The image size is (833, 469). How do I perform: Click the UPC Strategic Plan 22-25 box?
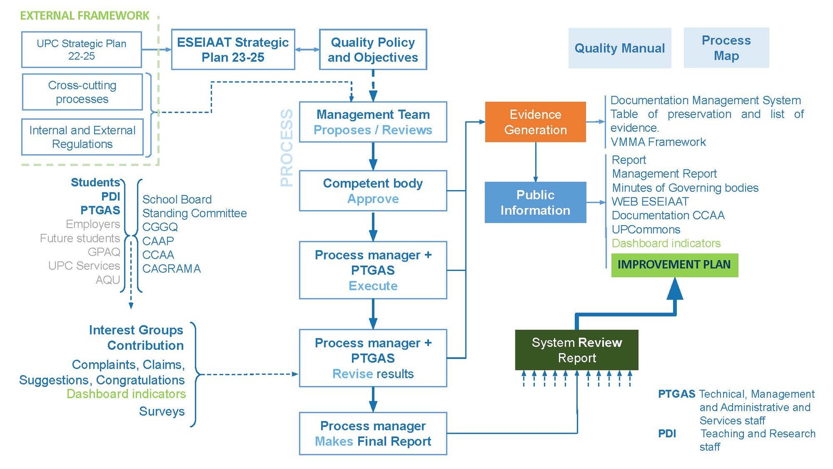[x=81, y=50]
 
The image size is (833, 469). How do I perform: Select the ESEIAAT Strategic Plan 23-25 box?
[x=233, y=50]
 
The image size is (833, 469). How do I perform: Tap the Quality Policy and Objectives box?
[x=373, y=50]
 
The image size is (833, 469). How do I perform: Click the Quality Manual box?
[x=620, y=48]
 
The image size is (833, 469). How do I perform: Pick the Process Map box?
[x=726, y=48]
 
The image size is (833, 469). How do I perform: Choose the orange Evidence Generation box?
[x=535, y=122]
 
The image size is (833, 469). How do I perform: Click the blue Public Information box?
[x=535, y=202]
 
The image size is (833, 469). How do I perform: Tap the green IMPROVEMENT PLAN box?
[x=674, y=265]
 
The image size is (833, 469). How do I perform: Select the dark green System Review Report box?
[x=576, y=350]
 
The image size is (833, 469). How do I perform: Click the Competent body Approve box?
[x=373, y=191]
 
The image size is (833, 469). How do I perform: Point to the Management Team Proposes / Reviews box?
[x=373, y=122]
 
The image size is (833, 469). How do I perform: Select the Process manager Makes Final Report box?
[x=373, y=434]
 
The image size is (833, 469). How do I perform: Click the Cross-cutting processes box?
[x=82, y=92]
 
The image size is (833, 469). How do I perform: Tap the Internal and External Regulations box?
[x=82, y=137]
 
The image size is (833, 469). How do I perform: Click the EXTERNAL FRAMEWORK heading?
[x=84, y=16]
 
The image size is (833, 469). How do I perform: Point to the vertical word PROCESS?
[x=287, y=147]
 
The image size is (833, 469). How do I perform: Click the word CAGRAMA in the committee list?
[x=171, y=269]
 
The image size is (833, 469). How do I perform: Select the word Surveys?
[x=161, y=412]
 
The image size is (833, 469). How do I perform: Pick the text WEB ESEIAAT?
[x=650, y=202]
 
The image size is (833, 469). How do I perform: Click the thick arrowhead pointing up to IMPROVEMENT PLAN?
[x=675, y=288]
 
